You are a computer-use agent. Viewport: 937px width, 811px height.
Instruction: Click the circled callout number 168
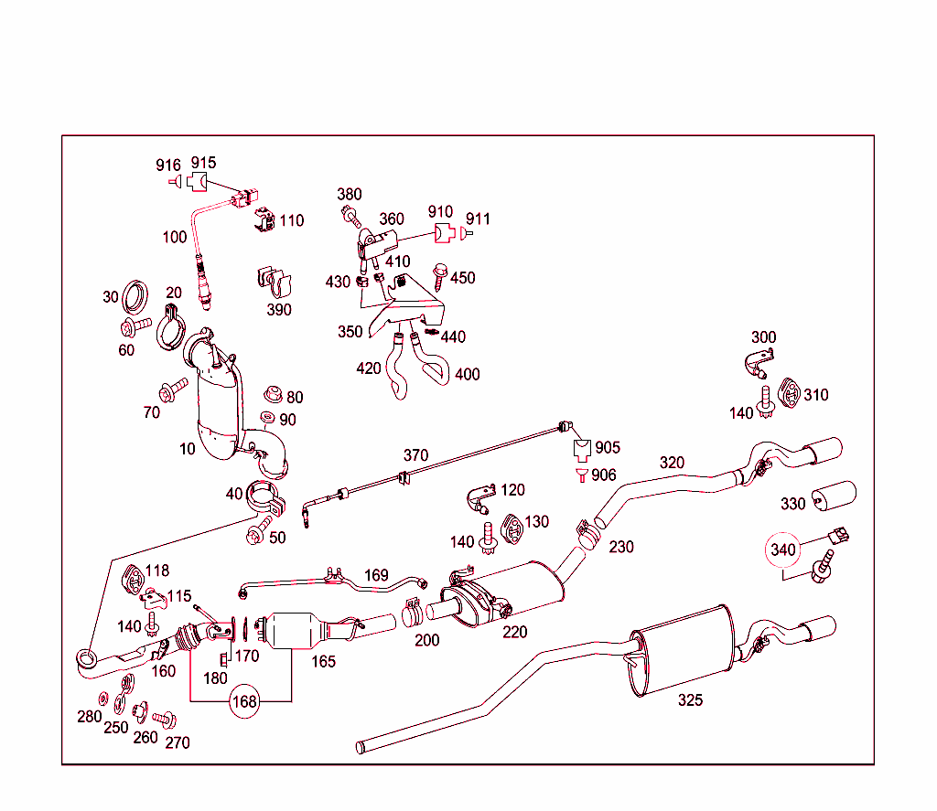point(245,701)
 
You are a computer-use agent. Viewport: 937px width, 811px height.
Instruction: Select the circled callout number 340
point(784,550)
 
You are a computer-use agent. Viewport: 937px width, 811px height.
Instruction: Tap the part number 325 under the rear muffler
point(691,700)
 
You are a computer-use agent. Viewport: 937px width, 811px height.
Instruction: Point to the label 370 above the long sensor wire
point(415,454)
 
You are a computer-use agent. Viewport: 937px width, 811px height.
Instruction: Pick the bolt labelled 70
point(171,389)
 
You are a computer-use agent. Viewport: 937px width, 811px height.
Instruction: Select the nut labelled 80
point(271,395)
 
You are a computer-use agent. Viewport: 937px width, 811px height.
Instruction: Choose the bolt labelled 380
point(350,215)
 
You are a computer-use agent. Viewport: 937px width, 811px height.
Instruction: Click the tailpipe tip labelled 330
point(833,496)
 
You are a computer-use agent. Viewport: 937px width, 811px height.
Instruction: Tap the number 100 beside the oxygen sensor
point(175,238)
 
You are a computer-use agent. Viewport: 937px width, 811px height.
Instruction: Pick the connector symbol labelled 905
point(581,449)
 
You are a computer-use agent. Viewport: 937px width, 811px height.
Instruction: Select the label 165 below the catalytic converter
point(323,661)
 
